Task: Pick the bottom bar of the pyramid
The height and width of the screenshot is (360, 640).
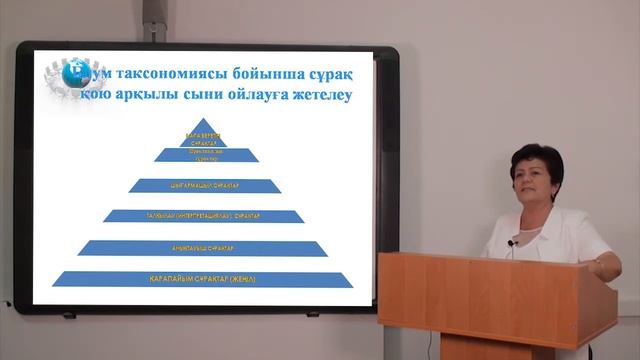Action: pos(204,278)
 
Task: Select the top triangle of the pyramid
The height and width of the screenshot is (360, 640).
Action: pos(203,135)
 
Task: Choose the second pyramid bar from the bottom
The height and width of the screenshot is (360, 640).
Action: pos(203,247)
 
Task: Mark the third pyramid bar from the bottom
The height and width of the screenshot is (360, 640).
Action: pos(204,216)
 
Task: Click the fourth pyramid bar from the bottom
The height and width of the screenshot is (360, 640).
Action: pos(204,185)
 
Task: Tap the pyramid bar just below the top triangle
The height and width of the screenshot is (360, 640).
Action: pos(203,155)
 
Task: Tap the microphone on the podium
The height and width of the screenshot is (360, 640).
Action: pos(512,243)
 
